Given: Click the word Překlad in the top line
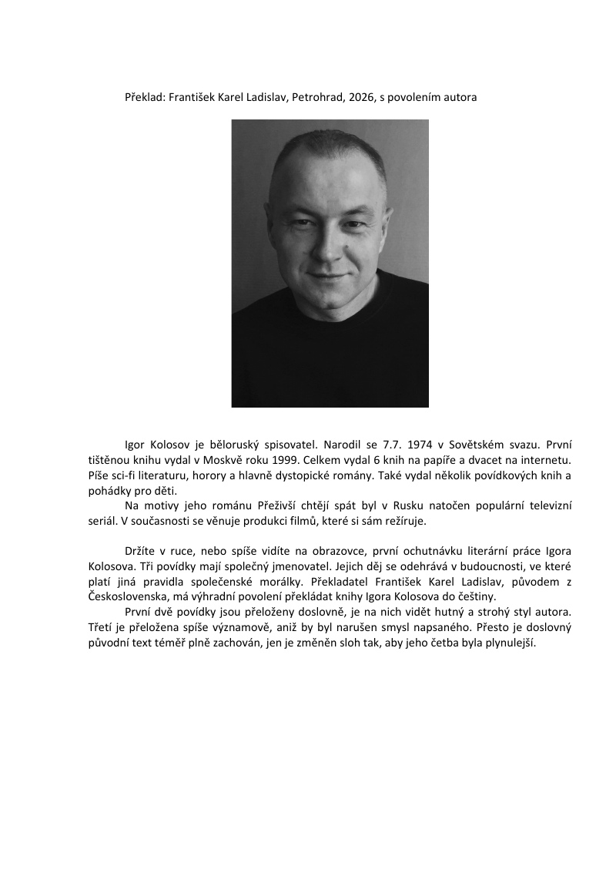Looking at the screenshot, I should point(143,99).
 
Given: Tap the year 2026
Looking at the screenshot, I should point(361,99).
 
